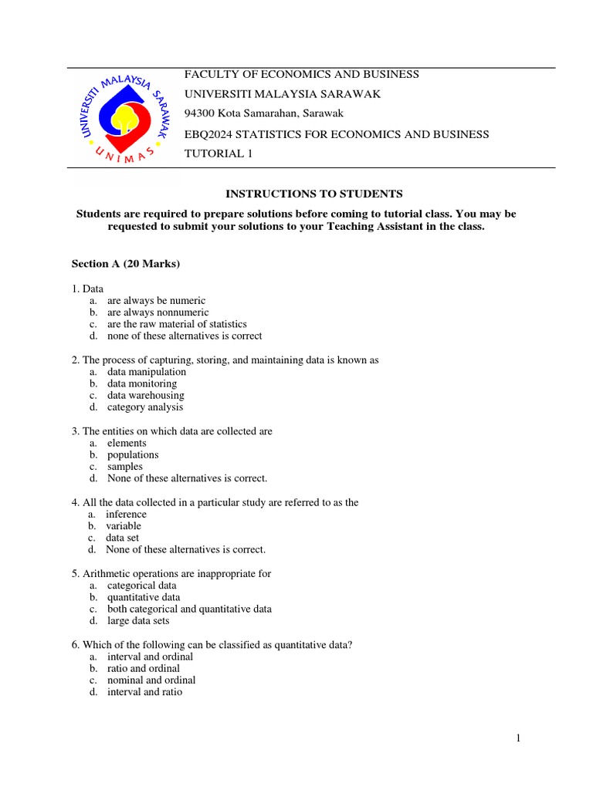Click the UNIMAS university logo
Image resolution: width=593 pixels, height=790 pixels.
point(122,118)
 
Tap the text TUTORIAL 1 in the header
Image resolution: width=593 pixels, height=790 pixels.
point(218,154)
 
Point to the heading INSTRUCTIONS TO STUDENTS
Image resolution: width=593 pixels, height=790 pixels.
point(302,194)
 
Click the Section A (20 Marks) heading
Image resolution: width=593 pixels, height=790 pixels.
point(126,264)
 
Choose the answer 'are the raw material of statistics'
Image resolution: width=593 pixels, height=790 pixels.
point(177,324)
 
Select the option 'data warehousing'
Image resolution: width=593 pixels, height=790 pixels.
point(146,395)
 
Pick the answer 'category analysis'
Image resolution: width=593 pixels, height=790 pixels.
point(145,407)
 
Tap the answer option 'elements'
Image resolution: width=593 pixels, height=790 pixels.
point(127,443)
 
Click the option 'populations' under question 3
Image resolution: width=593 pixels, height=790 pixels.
point(133,455)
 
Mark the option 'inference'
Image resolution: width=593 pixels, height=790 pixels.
point(126,514)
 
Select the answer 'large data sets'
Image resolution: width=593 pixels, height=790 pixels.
point(138,620)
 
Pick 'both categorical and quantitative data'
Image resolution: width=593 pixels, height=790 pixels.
point(189,609)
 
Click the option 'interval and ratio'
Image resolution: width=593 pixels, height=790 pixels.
point(145,692)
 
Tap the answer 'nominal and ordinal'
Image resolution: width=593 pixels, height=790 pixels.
point(151,680)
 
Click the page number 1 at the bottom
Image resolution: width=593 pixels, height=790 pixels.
point(519,739)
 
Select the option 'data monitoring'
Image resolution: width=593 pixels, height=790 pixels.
point(142,383)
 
